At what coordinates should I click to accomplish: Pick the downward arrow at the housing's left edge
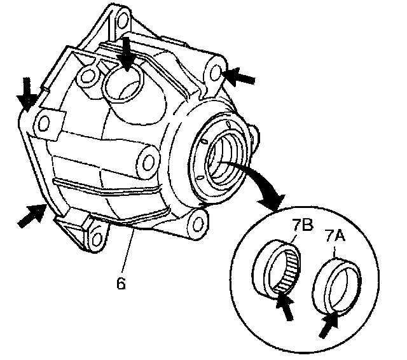(x=26, y=93)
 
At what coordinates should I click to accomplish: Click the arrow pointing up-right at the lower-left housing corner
(x=32, y=215)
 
